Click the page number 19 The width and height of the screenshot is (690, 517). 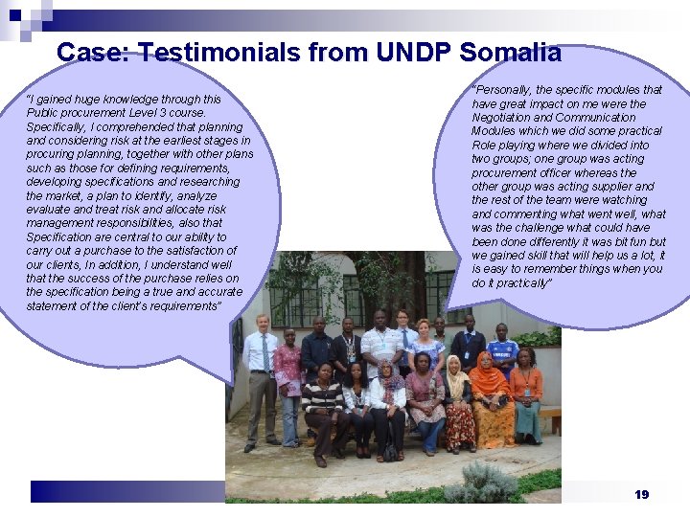642,494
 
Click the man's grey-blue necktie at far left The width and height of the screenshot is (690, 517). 264,353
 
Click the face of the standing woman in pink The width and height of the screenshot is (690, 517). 287,337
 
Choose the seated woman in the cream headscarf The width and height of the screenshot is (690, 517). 457,402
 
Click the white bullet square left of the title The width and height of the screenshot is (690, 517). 40,51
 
